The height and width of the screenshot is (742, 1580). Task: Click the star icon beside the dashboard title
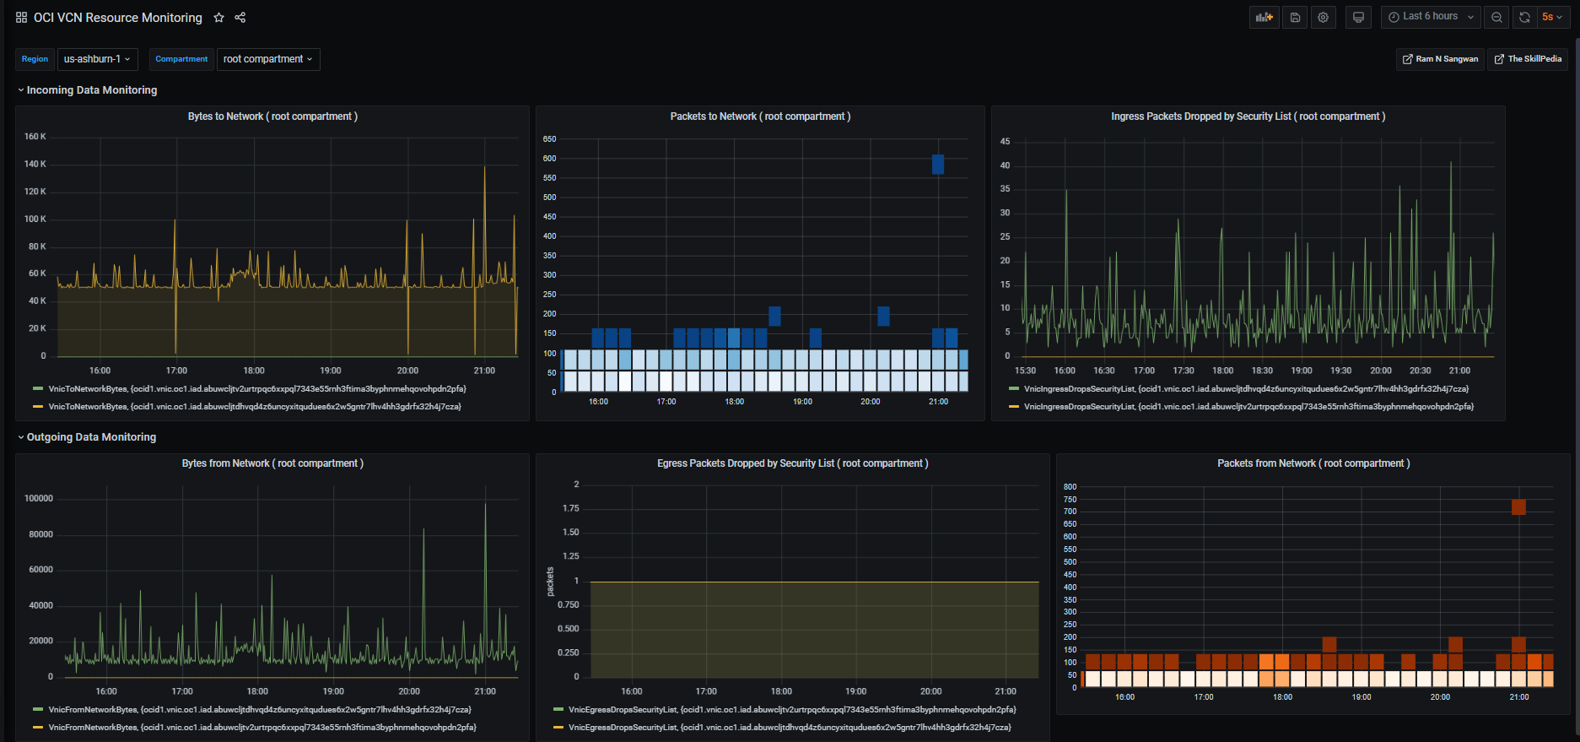(219, 18)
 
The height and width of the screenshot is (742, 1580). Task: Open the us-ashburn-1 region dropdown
(97, 59)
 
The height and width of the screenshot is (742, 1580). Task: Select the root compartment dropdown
(268, 59)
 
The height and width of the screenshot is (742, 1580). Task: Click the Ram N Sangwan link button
(1440, 59)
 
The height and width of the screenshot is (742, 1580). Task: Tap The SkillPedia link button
(1528, 59)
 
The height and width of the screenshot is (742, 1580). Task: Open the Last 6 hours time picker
(1431, 17)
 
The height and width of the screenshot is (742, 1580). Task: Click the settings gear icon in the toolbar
(1323, 17)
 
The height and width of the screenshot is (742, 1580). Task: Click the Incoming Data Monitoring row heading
(91, 90)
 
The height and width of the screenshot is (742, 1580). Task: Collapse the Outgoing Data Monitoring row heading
(91, 437)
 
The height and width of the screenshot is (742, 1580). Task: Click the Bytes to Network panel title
(272, 116)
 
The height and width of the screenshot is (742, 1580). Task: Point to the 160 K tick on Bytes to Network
(35, 137)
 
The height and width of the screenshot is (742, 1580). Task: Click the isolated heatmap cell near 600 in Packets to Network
(938, 165)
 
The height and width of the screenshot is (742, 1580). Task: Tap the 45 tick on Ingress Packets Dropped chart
(1005, 142)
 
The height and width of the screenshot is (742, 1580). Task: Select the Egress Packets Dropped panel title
(792, 463)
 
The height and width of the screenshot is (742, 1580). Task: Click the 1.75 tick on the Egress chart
(571, 508)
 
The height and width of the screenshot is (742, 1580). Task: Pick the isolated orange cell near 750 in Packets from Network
(1518, 507)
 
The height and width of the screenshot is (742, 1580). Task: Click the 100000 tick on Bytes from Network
(39, 499)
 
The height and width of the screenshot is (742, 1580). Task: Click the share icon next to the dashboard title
(240, 18)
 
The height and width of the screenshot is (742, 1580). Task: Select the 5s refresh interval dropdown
(1552, 17)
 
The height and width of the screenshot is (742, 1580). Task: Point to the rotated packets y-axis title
(550, 582)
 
